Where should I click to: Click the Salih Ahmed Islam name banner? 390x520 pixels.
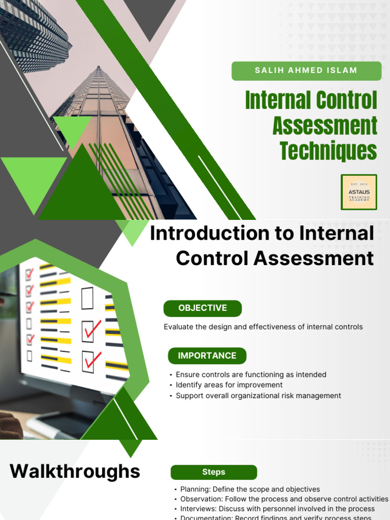pos(306,71)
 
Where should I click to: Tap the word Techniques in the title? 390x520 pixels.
pos(329,150)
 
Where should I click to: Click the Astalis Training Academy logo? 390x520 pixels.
pos(359,192)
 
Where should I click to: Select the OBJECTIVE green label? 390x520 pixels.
pos(203,308)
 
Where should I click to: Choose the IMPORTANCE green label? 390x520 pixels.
pos(207,355)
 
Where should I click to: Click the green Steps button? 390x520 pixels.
pos(214,472)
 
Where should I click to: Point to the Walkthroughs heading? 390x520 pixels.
pos(75,471)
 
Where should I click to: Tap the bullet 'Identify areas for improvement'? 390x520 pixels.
pos(229,385)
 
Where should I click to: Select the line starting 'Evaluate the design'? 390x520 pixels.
pos(263,327)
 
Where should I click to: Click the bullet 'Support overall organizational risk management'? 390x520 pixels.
pos(258,396)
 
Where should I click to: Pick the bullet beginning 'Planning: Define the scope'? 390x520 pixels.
pos(250,489)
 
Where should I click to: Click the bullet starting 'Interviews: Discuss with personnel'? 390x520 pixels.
pos(277,508)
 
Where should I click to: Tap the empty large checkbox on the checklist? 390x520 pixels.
pos(87,298)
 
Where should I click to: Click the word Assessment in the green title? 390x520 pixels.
pos(325,125)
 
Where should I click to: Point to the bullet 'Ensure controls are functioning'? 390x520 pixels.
pos(251,374)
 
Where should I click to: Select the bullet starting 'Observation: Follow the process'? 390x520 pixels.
pos(284,499)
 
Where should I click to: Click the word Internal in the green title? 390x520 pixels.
pos(276,101)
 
